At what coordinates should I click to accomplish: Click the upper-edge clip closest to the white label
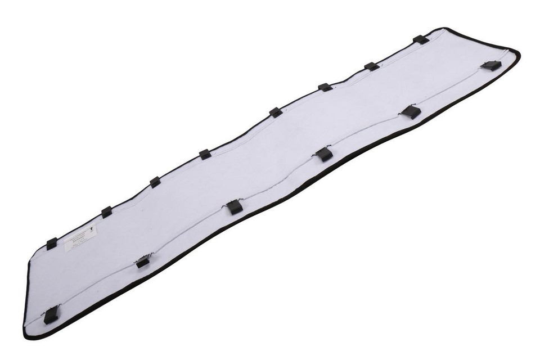52,244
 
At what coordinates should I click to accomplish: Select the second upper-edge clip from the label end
106,212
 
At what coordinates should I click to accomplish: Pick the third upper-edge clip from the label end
155,182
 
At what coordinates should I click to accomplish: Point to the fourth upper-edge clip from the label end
205,154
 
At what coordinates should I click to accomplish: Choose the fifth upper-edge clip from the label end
276,112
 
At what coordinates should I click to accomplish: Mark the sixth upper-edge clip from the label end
325,87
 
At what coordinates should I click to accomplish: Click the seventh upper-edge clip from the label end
371,66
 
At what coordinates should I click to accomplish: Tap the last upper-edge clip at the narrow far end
421,39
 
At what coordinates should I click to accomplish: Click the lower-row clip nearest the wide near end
51,315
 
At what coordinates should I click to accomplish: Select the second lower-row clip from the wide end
143,262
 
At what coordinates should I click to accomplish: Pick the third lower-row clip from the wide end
235,207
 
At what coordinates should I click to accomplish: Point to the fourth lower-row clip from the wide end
323,154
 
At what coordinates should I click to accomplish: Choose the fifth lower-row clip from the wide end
411,111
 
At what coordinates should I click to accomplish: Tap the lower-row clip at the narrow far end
491,65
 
